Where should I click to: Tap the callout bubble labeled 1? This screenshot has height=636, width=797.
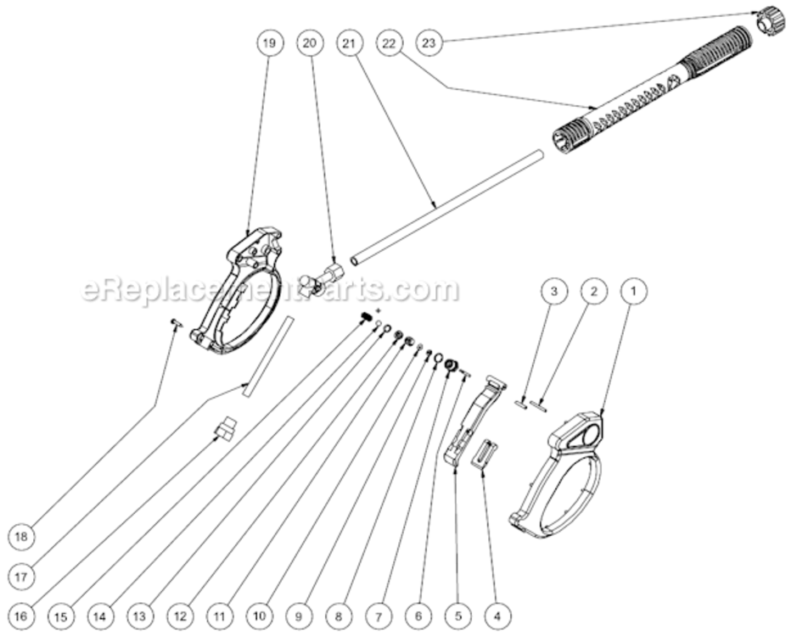pyautogui.click(x=632, y=291)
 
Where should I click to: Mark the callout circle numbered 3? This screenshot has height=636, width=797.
pyautogui.click(x=554, y=291)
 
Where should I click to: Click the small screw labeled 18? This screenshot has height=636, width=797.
pyautogui.click(x=177, y=322)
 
